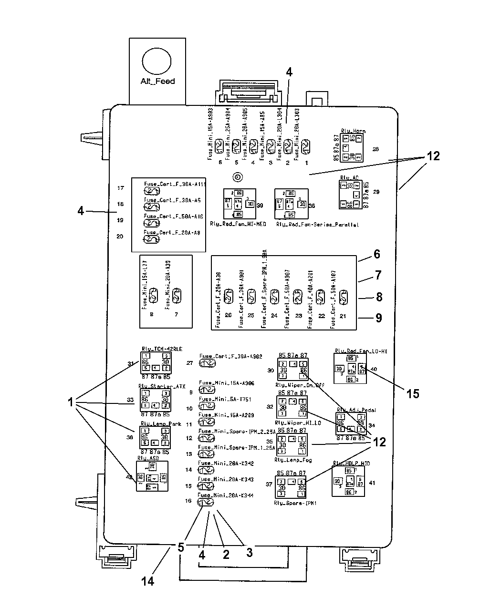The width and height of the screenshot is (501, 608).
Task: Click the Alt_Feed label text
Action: click(157, 81)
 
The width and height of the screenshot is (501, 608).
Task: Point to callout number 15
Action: click(413, 393)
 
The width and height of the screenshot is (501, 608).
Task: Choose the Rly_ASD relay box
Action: click(152, 476)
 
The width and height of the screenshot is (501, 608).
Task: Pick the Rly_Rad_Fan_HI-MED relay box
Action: click(240, 204)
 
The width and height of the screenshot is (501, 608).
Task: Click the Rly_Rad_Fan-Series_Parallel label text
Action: click(317, 224)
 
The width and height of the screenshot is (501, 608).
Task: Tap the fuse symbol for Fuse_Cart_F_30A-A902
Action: click(207, 363)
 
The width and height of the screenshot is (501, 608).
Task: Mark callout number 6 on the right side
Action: click(377, 254)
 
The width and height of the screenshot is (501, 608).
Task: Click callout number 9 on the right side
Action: click(378, 318)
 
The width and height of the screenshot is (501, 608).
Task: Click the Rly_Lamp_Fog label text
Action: click(291, 460)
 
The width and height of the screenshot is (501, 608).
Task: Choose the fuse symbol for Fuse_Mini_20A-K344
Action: click(207, 502)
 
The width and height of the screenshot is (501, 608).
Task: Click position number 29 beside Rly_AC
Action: click(376, 191)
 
